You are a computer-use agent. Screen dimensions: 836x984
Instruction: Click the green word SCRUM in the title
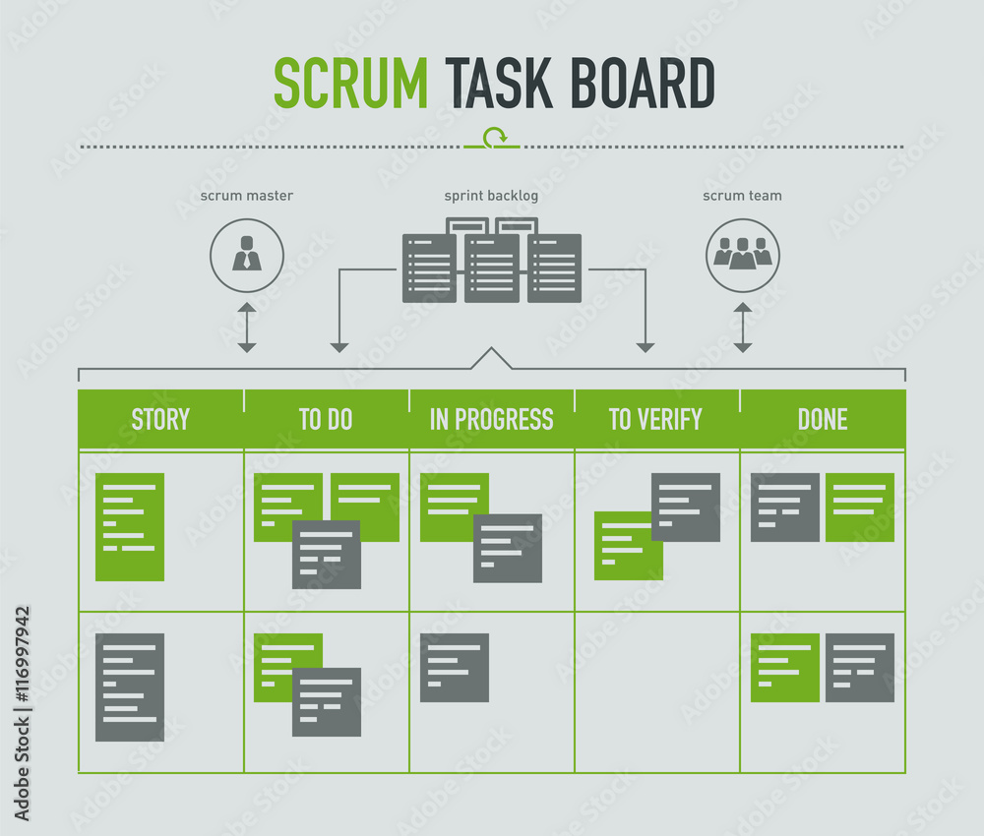click(349, 84)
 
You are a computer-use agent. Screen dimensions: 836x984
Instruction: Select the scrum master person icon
click(247, 256)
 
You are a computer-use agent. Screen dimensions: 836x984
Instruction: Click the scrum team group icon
click(743, 256)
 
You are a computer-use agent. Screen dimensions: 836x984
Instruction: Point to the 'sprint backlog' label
click(491, 196)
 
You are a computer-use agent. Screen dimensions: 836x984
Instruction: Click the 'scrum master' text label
click(247, 196)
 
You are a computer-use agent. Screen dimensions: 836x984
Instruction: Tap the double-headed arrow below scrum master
click(247, 328)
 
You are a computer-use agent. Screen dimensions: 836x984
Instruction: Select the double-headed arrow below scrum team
click(743, 328)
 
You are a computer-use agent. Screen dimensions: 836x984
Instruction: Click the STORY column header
click(160, 419)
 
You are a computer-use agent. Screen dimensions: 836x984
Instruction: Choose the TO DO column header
click(326, 419)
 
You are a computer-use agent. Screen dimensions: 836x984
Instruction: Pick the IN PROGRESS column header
click(491, 419)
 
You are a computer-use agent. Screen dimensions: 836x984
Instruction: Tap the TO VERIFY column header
click(655, 419)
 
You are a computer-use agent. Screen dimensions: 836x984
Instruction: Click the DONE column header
click(823, 419)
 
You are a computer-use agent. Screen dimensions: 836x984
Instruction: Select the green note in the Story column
click(130, 527)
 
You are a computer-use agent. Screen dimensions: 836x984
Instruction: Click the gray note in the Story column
click(130, 687)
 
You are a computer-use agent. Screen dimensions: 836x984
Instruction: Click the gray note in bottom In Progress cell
click(455, 668)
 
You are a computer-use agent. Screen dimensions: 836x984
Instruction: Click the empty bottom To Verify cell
click(656, 692)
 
